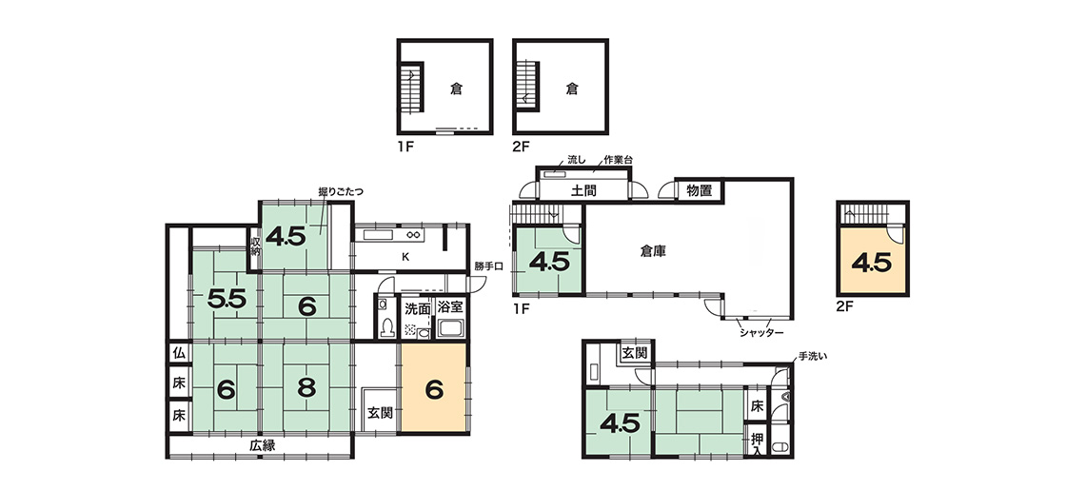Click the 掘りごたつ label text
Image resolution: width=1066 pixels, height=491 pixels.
click(x=341, y=192)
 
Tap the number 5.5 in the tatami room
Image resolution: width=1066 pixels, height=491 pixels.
click(x=227, y=300)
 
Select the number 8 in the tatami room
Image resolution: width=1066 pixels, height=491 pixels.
click(x=306, y=388)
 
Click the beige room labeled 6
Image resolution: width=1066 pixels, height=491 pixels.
click(x=434, y=387)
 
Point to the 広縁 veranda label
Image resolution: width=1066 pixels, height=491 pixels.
click(x=261, y=445)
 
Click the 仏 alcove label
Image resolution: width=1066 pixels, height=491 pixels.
click(x=179, y=353)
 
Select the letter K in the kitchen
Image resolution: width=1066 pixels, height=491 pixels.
click(x=405, y=256)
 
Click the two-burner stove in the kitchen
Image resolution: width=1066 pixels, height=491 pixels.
click(x=413, y=235)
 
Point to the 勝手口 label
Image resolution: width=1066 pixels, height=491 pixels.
click(x=488, y=265)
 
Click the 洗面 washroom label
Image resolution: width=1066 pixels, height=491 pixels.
click(x=417, y=307)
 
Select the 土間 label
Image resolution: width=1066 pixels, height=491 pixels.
click(x=584, y=191)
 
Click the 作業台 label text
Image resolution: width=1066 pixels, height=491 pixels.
click(x=619, y=161)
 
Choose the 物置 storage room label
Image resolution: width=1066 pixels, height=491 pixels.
click(x=699, y=190)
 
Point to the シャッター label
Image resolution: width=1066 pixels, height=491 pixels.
click(x=761, y=332)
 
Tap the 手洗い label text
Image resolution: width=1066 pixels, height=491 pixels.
click(x=812, y=355)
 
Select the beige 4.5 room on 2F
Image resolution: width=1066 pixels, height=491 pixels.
click(x=872, y=261)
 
